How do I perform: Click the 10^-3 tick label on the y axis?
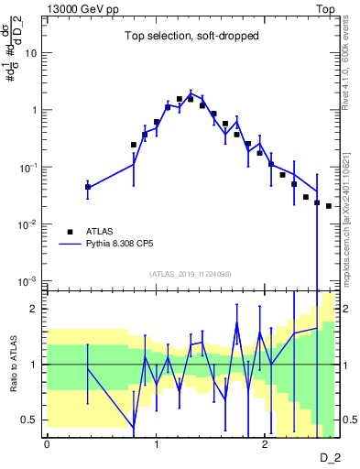coord(28,281)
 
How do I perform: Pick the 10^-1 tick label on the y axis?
coord(28,168)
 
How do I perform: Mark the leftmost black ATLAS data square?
coord(88,187)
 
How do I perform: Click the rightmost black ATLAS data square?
coord(328,206)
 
